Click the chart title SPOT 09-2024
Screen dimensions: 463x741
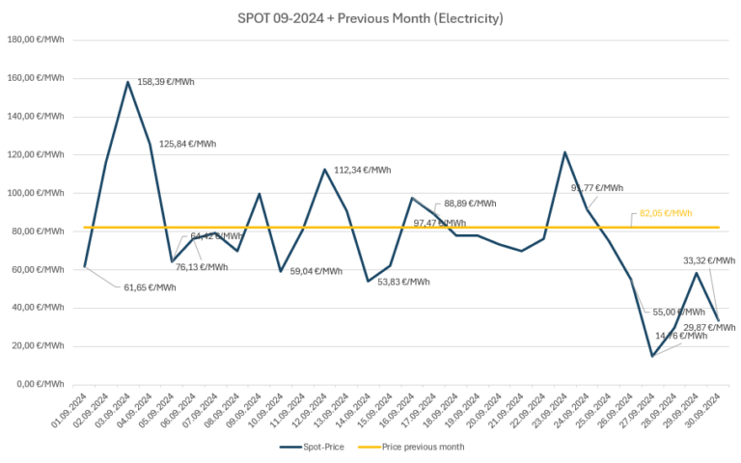(x=370, y=18)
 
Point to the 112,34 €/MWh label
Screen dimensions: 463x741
(x=363, y=170)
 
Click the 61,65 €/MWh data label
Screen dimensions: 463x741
(x=150, y=287)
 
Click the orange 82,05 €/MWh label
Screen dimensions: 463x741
(x=666, y=213)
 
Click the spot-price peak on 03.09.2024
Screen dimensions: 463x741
(x=128, y=82)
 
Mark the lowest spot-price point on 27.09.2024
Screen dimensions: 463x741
(x=652, y=356)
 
